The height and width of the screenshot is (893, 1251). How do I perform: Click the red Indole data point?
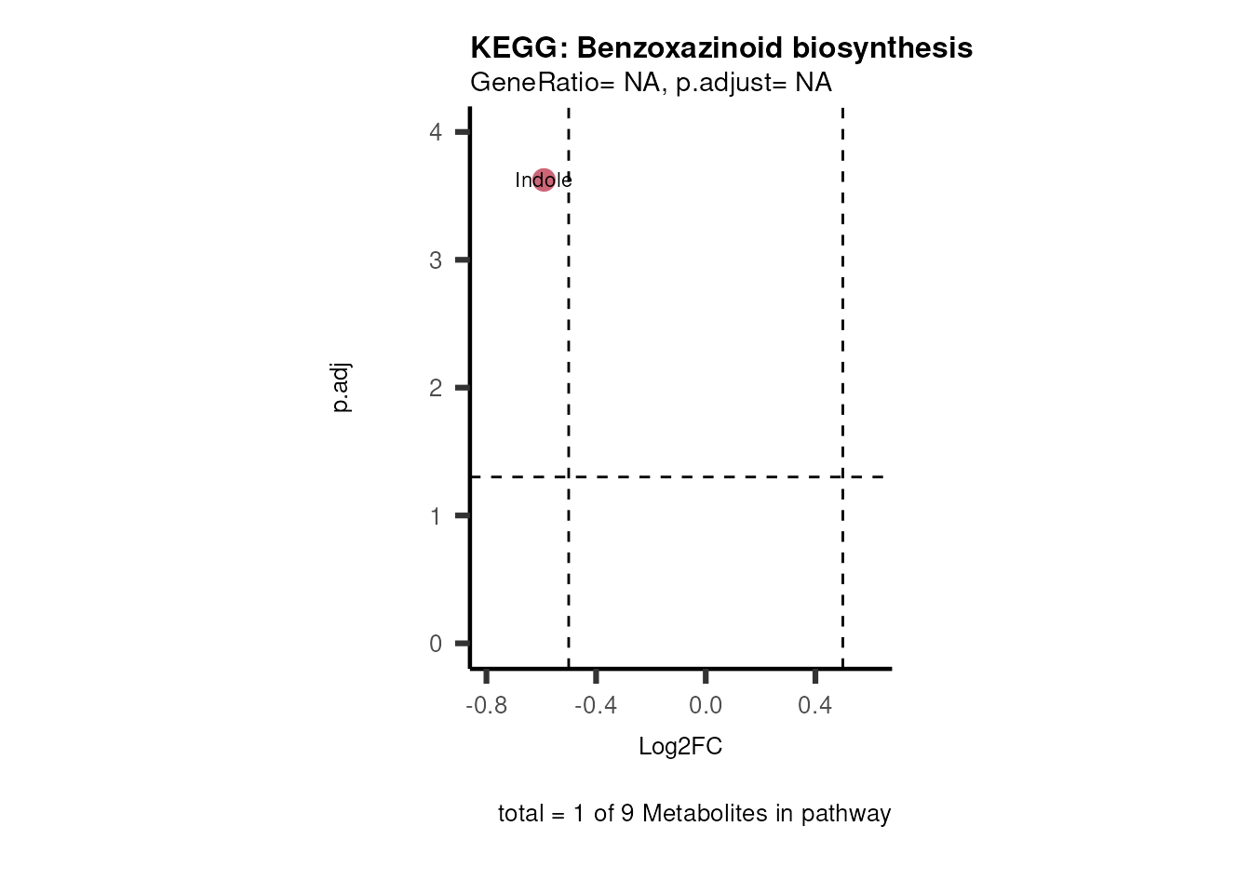click(x=544, y=180)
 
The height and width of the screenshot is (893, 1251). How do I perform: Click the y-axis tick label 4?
click(x=436, y=132)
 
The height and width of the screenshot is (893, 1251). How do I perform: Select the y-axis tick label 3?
click(x=436, y=260)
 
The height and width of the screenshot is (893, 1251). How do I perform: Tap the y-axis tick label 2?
click(x=436, y=388)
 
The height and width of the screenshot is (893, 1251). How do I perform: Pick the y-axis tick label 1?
click(x=436, y=516)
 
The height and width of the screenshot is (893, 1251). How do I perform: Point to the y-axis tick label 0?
click(x=436, y=644)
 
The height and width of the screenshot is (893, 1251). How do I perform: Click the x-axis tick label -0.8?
click(x=486, y=706)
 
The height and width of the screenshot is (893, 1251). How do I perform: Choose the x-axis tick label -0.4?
click(x=596, y=706)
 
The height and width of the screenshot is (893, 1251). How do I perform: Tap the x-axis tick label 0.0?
click(x=706, y=706)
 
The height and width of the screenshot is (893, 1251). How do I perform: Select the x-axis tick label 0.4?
click(x=815, y=706)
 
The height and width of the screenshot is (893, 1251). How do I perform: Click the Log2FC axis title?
click(x=680, y=746)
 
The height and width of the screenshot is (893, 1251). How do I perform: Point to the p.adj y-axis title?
click(x=342, y=388)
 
